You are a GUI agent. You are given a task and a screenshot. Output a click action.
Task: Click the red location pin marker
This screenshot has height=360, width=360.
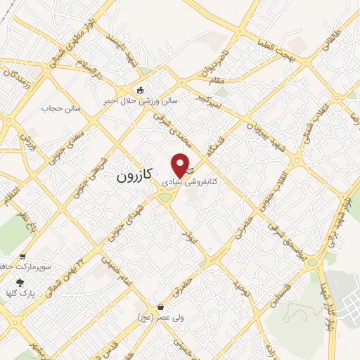[181, 164]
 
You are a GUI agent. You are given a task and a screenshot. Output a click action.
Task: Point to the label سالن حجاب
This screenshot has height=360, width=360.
[62, 109]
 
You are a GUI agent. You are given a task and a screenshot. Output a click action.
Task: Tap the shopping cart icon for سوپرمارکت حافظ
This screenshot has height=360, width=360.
[23, 257]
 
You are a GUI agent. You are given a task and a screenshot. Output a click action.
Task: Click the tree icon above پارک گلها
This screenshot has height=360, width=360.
[18, 282]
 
